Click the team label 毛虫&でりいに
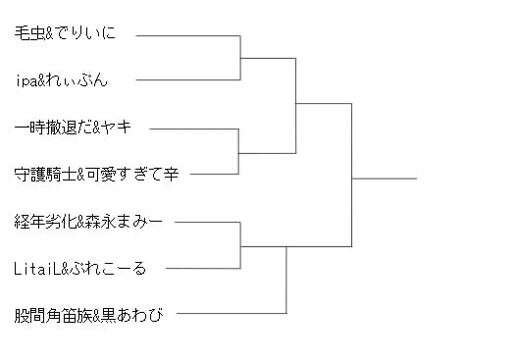coord(65,33)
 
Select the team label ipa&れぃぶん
coord(62,80)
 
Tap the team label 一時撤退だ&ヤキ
coord(73,127)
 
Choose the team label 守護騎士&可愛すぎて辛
coord(96,174)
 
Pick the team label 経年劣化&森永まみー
coord(88,222)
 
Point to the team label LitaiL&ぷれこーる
coord(79,269)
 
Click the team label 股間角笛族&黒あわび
coord(88,315)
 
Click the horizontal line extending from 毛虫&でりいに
coord(188,35)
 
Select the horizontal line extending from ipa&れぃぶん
coord(188,79)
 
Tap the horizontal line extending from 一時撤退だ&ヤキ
coord(194,129)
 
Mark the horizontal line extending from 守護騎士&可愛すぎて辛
coord(214,174)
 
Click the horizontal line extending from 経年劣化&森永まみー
coord(208,223)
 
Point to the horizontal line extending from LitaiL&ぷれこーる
coord(203,269)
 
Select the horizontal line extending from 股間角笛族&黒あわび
coord(231,313)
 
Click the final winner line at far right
coord(385,179)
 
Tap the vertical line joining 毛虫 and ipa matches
coord(240,58)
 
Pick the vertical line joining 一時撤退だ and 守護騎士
coord(238,151)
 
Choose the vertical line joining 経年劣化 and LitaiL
coord(240,245)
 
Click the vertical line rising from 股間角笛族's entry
coord(286,280)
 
